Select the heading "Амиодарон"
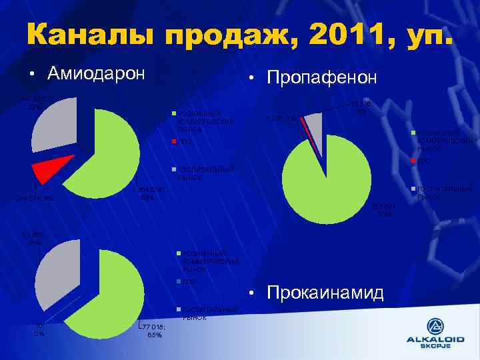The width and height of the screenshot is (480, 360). point(96,73)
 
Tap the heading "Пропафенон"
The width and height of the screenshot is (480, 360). point(321,78)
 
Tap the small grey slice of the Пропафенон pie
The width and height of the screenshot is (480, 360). point(314,123)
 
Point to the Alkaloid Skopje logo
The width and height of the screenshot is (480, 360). point(434,333)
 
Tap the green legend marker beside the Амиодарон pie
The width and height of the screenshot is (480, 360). point(174,112)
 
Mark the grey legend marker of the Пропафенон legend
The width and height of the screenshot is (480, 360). point(414,190)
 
